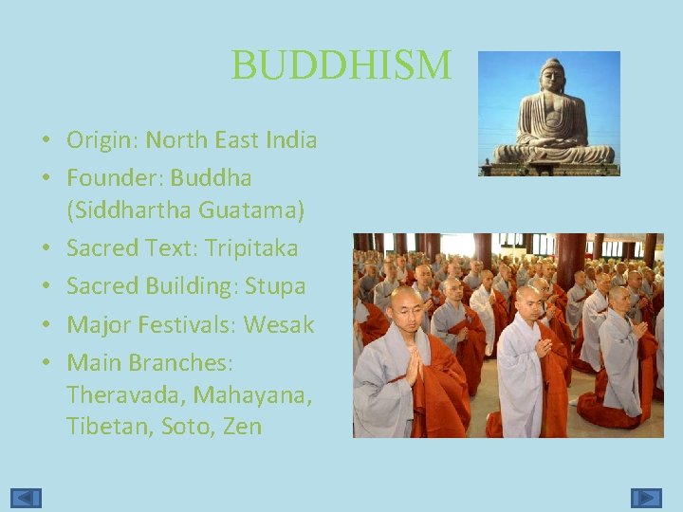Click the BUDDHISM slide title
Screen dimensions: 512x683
[341, 65]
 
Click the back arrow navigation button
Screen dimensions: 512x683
[27, 497]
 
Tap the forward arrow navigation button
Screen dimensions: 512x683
[647, 497]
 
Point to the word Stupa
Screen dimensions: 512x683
[275, 286]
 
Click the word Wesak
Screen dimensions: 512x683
[278, 324]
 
